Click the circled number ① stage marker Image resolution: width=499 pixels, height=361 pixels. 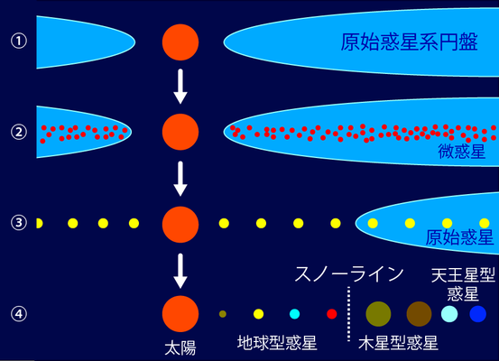click(19, 42)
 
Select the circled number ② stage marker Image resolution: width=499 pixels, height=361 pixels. click(19, 132)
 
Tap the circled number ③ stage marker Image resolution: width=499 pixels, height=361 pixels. click(19, 223)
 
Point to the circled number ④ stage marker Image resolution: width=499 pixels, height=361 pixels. click(19, 314)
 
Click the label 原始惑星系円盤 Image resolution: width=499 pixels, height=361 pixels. click(410, 42)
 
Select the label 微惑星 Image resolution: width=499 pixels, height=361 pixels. click(462, 152)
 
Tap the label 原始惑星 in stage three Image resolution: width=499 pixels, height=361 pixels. click(459, 237)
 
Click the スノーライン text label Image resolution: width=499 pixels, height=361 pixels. click(349, 274)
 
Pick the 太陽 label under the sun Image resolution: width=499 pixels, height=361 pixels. click(180, 347)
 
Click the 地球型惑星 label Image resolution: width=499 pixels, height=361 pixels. click(277, 343)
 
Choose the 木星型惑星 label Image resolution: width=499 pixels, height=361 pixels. click(398, 343)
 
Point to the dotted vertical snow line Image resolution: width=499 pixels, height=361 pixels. click(349, 314)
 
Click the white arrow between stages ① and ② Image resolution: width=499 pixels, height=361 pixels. click(180, 87)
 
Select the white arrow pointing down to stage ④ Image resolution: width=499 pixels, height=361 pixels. click(180, 271)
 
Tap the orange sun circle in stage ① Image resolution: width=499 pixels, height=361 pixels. click(180, 42)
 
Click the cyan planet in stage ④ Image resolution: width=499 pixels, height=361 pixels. click(295, 314)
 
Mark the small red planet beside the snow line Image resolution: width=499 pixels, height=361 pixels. click(332, 314)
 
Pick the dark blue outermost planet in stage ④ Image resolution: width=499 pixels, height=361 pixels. click(478, 314)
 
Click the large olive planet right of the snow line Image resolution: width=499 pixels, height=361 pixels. click(378, 314)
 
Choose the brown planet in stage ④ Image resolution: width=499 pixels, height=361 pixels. click(419, 314)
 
